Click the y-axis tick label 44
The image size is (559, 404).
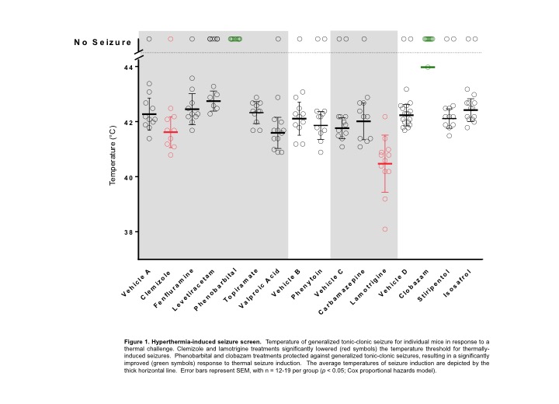(x=128, y=67)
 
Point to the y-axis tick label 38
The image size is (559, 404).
(x=128, y=232)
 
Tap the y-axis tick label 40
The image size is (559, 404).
(x=128, y=177)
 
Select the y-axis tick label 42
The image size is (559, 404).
(x=128, y=122)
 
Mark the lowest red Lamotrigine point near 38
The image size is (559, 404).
(x=385, y=229)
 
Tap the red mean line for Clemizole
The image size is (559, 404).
(x=171, y=132)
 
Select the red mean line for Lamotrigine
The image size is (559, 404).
(x=385, y=164)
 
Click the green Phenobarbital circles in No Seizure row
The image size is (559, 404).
(x=234, y=39)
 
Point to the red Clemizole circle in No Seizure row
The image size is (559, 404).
(x=171, y=39)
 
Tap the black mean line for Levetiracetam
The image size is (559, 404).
(x=214, y=101)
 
